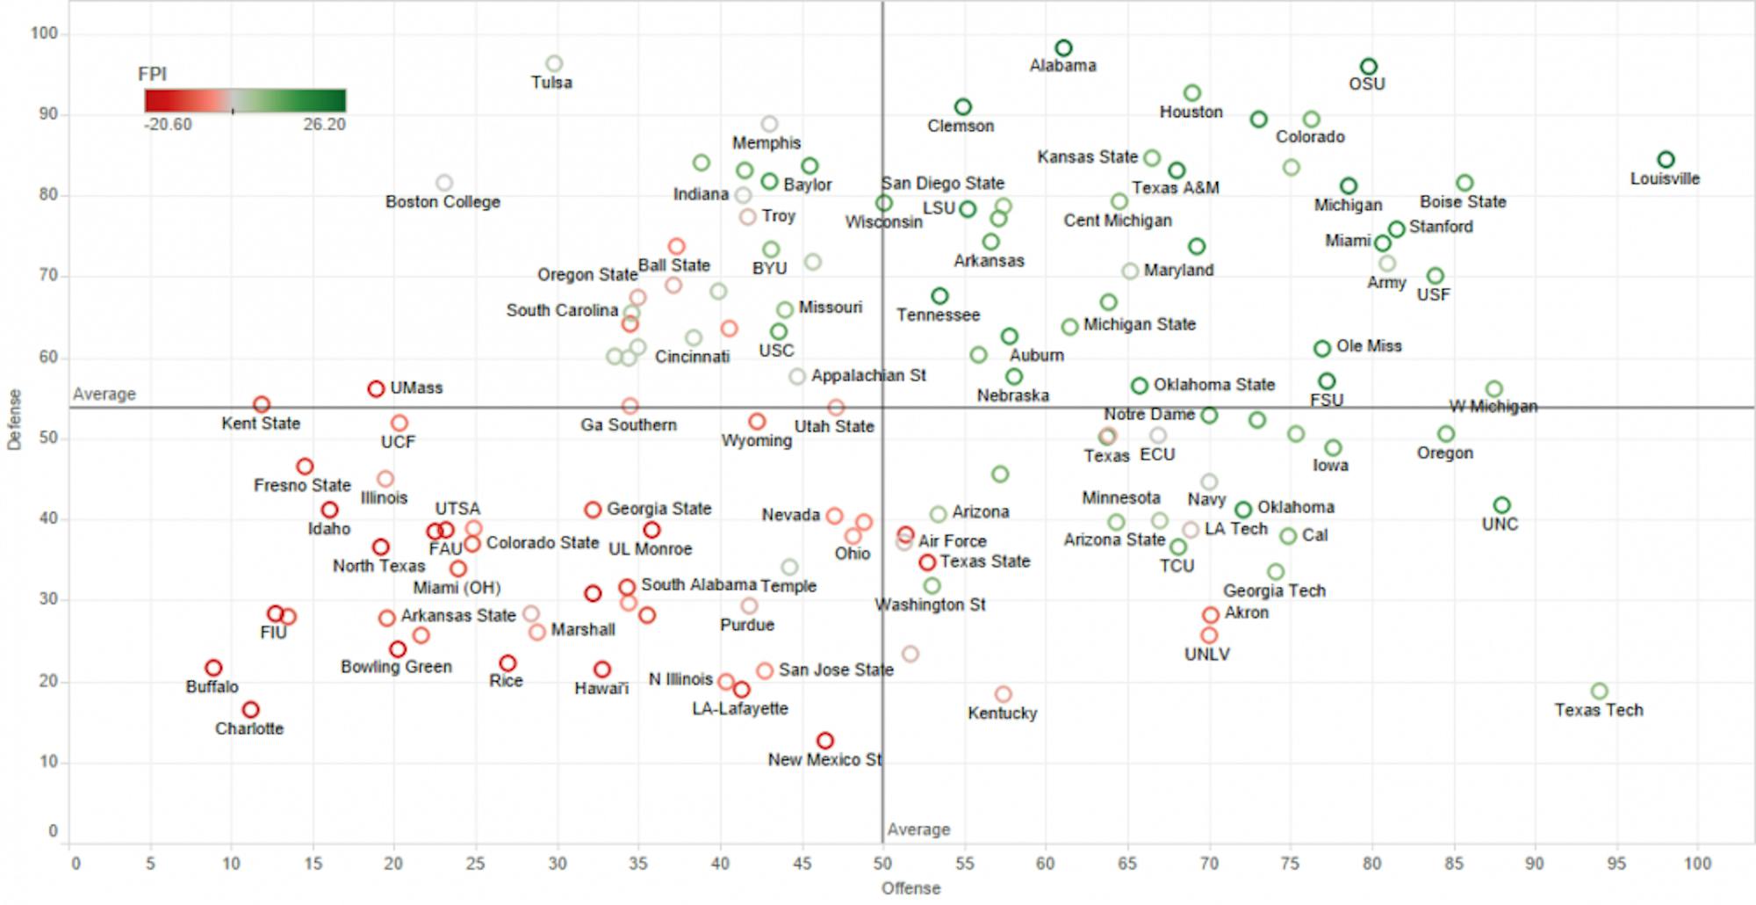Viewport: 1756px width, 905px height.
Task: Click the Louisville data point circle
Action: coord(1666,160)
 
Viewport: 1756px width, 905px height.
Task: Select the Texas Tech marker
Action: coord(1599,691)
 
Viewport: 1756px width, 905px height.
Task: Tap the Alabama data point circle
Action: coord(1063,48)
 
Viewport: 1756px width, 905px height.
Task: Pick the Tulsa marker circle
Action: coord(554,63)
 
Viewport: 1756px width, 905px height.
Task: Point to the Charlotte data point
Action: coord(251,709)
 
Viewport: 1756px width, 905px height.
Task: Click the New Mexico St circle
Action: coord(824,741)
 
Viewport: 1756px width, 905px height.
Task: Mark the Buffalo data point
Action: coord(213,668)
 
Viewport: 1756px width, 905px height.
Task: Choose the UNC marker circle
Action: coord(1501,505)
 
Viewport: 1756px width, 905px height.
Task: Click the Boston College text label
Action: coord(443,202)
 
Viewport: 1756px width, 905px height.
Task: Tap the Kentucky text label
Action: coord(1002,713)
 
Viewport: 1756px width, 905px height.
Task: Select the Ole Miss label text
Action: coord(1369,346)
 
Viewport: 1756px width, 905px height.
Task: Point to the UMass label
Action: coord(416,387)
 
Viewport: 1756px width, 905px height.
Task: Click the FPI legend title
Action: coord(152,75)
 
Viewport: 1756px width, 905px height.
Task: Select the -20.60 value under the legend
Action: coord(168,125)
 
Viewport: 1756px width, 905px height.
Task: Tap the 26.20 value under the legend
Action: coord(324,125)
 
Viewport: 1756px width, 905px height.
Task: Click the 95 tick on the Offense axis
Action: coord(1616,864)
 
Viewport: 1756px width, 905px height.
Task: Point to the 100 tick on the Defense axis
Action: coord(44,33)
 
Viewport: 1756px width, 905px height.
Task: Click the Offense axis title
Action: coord(910,888)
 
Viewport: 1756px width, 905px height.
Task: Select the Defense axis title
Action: coord(14,420)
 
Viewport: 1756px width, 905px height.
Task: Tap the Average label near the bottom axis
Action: coord(918,829)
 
